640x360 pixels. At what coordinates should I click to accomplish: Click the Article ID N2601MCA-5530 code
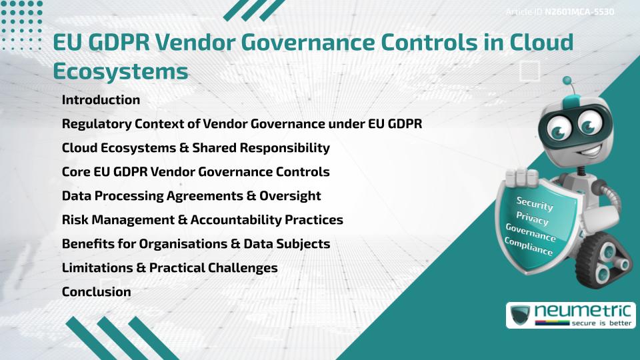579,12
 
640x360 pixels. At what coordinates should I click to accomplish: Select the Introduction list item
101,100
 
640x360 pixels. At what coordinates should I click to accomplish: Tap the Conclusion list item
96,291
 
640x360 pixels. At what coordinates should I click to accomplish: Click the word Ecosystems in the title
120,71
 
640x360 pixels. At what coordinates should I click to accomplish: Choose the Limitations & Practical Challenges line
169,267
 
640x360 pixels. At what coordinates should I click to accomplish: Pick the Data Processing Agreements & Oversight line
191,195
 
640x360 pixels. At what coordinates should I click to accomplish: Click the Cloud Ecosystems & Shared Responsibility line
195,147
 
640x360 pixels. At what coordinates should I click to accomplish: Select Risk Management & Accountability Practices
202,219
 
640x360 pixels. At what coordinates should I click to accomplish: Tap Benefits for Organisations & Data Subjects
196,243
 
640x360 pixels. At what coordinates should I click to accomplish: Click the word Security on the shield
535,203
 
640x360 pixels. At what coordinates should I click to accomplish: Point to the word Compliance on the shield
529,246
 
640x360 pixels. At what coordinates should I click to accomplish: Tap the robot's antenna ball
567,81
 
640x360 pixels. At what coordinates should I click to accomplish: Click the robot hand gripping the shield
521,176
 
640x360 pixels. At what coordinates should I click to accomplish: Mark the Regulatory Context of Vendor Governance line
242,124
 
